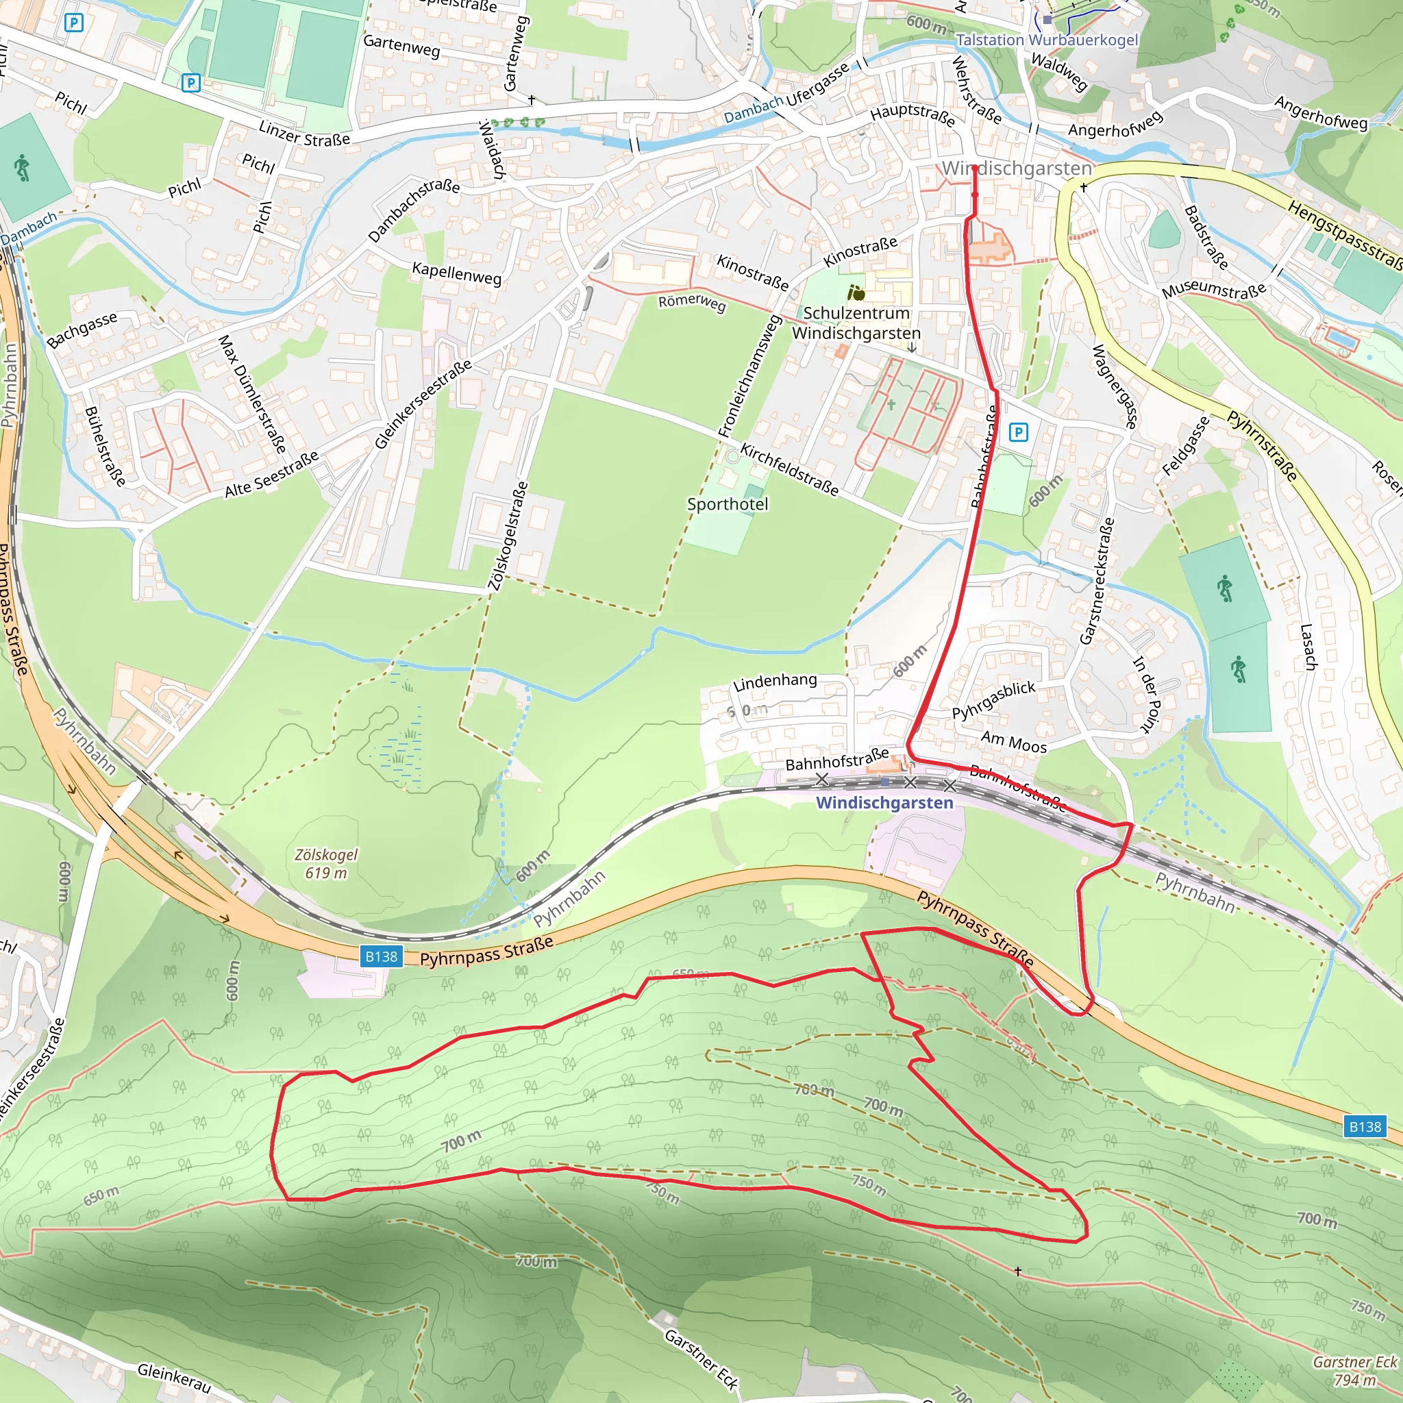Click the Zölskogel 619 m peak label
click(x=325, y=863)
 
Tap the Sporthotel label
click(x=728, y=504)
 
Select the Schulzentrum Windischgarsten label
click(x=856, y=323)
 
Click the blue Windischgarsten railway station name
click(x=884, y=802)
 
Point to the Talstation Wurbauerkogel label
click(x=1047, y=40)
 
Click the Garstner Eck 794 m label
click(x=1355, y=1370)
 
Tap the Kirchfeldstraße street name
click(x=789, y=471)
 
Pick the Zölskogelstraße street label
click(x=508, y=536)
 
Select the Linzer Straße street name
click(x=304, y=134)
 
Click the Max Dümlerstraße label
click(x=252, y=394)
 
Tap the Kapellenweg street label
click(x=457, y=273)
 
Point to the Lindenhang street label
click(x=775, y=681)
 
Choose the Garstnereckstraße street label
click(x=1097, y=580)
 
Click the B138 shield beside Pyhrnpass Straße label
click(x=382, y=956)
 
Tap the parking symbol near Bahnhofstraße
click(x=1019, y=433)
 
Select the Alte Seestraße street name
click(x=271, y=475)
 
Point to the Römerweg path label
click(x=692, y=302)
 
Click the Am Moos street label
click(x=1014, y=742)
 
